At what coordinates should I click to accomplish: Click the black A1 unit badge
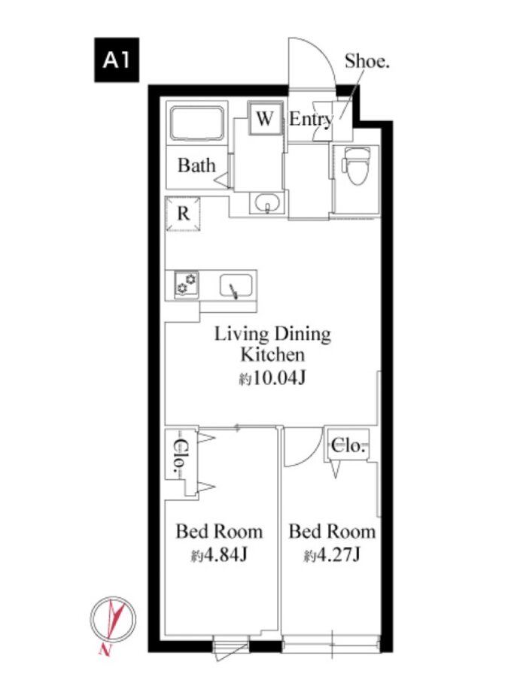117,59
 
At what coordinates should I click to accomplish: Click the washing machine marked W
264,118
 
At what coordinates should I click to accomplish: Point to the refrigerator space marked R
183,214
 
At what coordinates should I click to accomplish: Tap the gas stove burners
187,284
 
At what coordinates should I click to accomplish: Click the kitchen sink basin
236,286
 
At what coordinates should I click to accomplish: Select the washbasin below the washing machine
266,203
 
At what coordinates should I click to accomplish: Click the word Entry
311,119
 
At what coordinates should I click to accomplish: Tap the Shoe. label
367,61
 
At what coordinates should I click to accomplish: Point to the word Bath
196,165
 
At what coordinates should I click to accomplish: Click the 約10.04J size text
272,378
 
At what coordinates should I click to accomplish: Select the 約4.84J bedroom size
219,555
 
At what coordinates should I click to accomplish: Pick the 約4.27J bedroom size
332,555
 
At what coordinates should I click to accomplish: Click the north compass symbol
113,618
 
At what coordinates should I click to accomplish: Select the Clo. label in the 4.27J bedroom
348,445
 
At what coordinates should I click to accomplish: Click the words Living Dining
272,334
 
